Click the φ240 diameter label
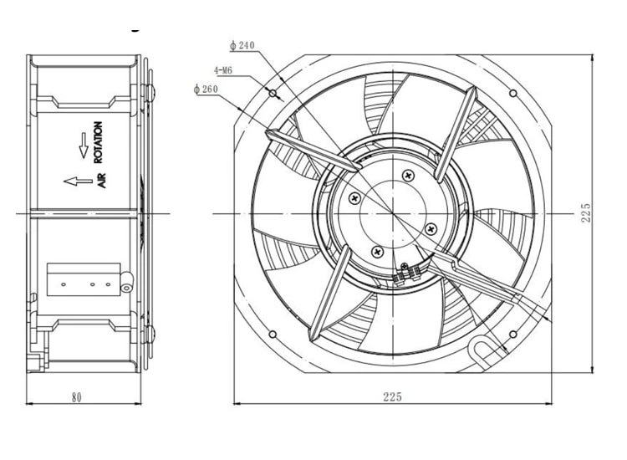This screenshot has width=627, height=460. [242, 46]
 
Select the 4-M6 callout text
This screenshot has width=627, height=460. [222, 71]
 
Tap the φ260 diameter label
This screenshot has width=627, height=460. [206, 89]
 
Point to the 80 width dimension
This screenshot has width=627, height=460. [76, 397]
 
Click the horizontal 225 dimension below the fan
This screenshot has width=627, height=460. [392, 396]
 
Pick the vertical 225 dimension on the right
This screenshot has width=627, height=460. [585, 212]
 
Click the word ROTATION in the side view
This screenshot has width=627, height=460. [98, 142]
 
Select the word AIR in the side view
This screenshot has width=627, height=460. [101, 181]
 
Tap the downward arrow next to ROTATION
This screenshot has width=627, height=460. [84, 146]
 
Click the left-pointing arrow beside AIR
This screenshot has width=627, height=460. [78, 181]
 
